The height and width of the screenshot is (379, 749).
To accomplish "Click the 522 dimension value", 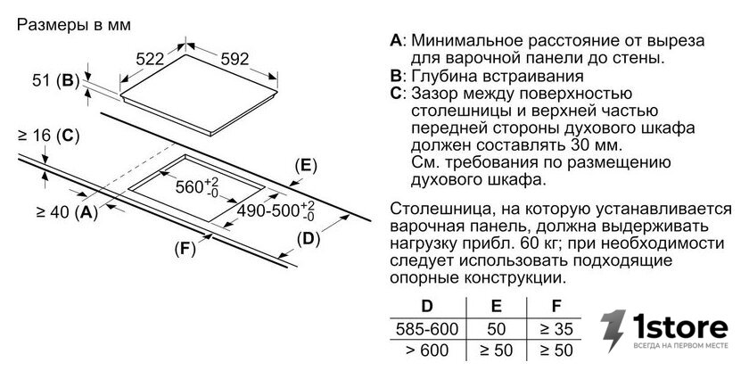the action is (150, 59).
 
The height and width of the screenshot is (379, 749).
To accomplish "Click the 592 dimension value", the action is (235, 59).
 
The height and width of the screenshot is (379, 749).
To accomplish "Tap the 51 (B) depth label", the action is (55, 80).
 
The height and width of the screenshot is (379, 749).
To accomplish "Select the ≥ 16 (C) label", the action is (48, 136).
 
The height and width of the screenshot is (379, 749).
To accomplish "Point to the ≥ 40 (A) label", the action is (67, 211).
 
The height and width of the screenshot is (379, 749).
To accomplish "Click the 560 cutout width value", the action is (197, 185).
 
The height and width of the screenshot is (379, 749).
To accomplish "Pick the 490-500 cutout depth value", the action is (276, 210).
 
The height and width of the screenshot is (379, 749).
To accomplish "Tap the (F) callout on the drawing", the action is (185, 249).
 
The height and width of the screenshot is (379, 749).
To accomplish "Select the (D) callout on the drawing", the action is (309, 238).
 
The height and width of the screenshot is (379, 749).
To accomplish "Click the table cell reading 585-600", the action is (427, 329).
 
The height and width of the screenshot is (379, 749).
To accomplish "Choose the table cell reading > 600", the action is (427, 350).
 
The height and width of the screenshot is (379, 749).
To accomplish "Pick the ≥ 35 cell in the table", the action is (556, 329).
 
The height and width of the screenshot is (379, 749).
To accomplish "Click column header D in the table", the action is (427, 307).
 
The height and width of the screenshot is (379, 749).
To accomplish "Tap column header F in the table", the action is (556, 307).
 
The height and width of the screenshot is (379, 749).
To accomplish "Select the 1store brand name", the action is (680, 326).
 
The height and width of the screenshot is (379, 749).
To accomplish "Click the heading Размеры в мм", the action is (73, 25).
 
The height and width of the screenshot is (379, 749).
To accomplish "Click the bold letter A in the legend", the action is (397, 40).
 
